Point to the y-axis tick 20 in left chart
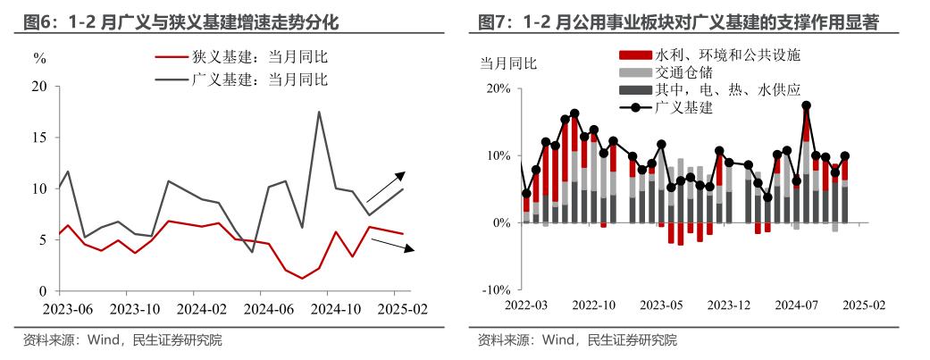coord(38,87)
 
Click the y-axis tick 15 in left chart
coord(38,138)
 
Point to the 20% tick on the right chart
coord(498,88)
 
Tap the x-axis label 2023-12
coord(729,306)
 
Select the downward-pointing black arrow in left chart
coord(393,244)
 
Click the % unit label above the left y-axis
coord(38,60)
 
